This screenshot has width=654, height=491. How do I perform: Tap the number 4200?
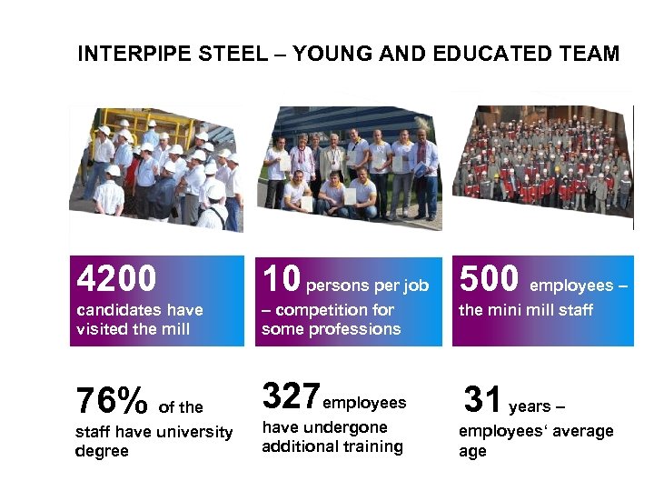116,276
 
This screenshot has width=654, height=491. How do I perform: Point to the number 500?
490,278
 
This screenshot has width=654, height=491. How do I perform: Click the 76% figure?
111,399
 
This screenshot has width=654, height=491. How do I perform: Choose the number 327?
291,396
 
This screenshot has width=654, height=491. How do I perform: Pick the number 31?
482,399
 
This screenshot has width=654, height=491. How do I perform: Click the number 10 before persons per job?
282,278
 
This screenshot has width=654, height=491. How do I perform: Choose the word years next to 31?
531,406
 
